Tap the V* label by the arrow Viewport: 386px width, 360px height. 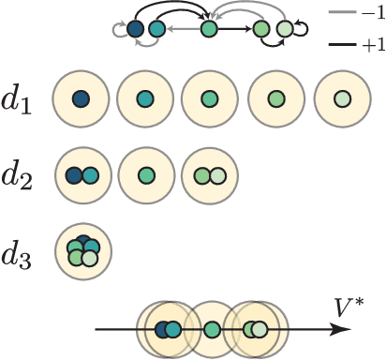[x=349, y=307]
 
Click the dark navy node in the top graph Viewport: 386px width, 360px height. [x=136, y=31]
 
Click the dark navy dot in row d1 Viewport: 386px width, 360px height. [x=82, y=97]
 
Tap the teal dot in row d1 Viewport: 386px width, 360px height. [x=146, y=97]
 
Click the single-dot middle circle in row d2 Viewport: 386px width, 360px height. [x=146, y=174]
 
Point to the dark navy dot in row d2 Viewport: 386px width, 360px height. [x=74, y=174]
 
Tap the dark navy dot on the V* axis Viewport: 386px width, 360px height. [x=162, y=329]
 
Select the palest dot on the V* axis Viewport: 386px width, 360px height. [x=260, y=329]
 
